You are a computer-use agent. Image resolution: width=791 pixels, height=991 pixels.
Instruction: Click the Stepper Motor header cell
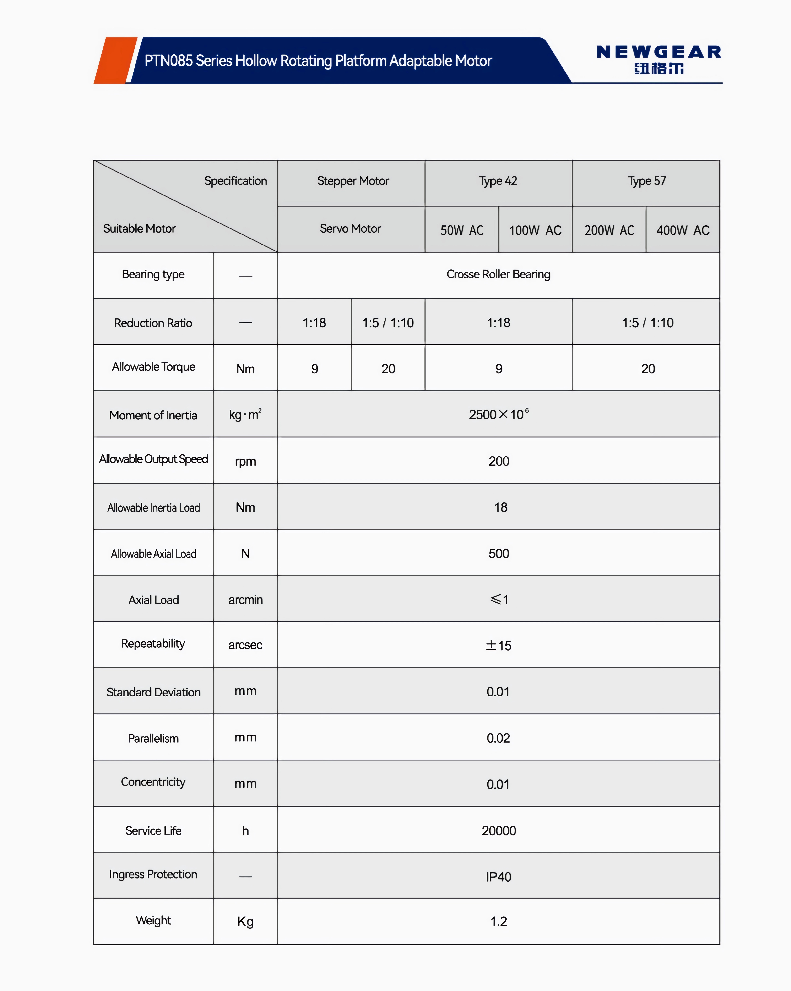tap(353, 181)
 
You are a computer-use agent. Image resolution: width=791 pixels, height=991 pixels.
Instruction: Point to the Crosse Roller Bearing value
tap(498, 274)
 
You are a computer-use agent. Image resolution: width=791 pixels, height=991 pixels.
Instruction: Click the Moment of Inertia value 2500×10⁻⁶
tap(498, 414)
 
